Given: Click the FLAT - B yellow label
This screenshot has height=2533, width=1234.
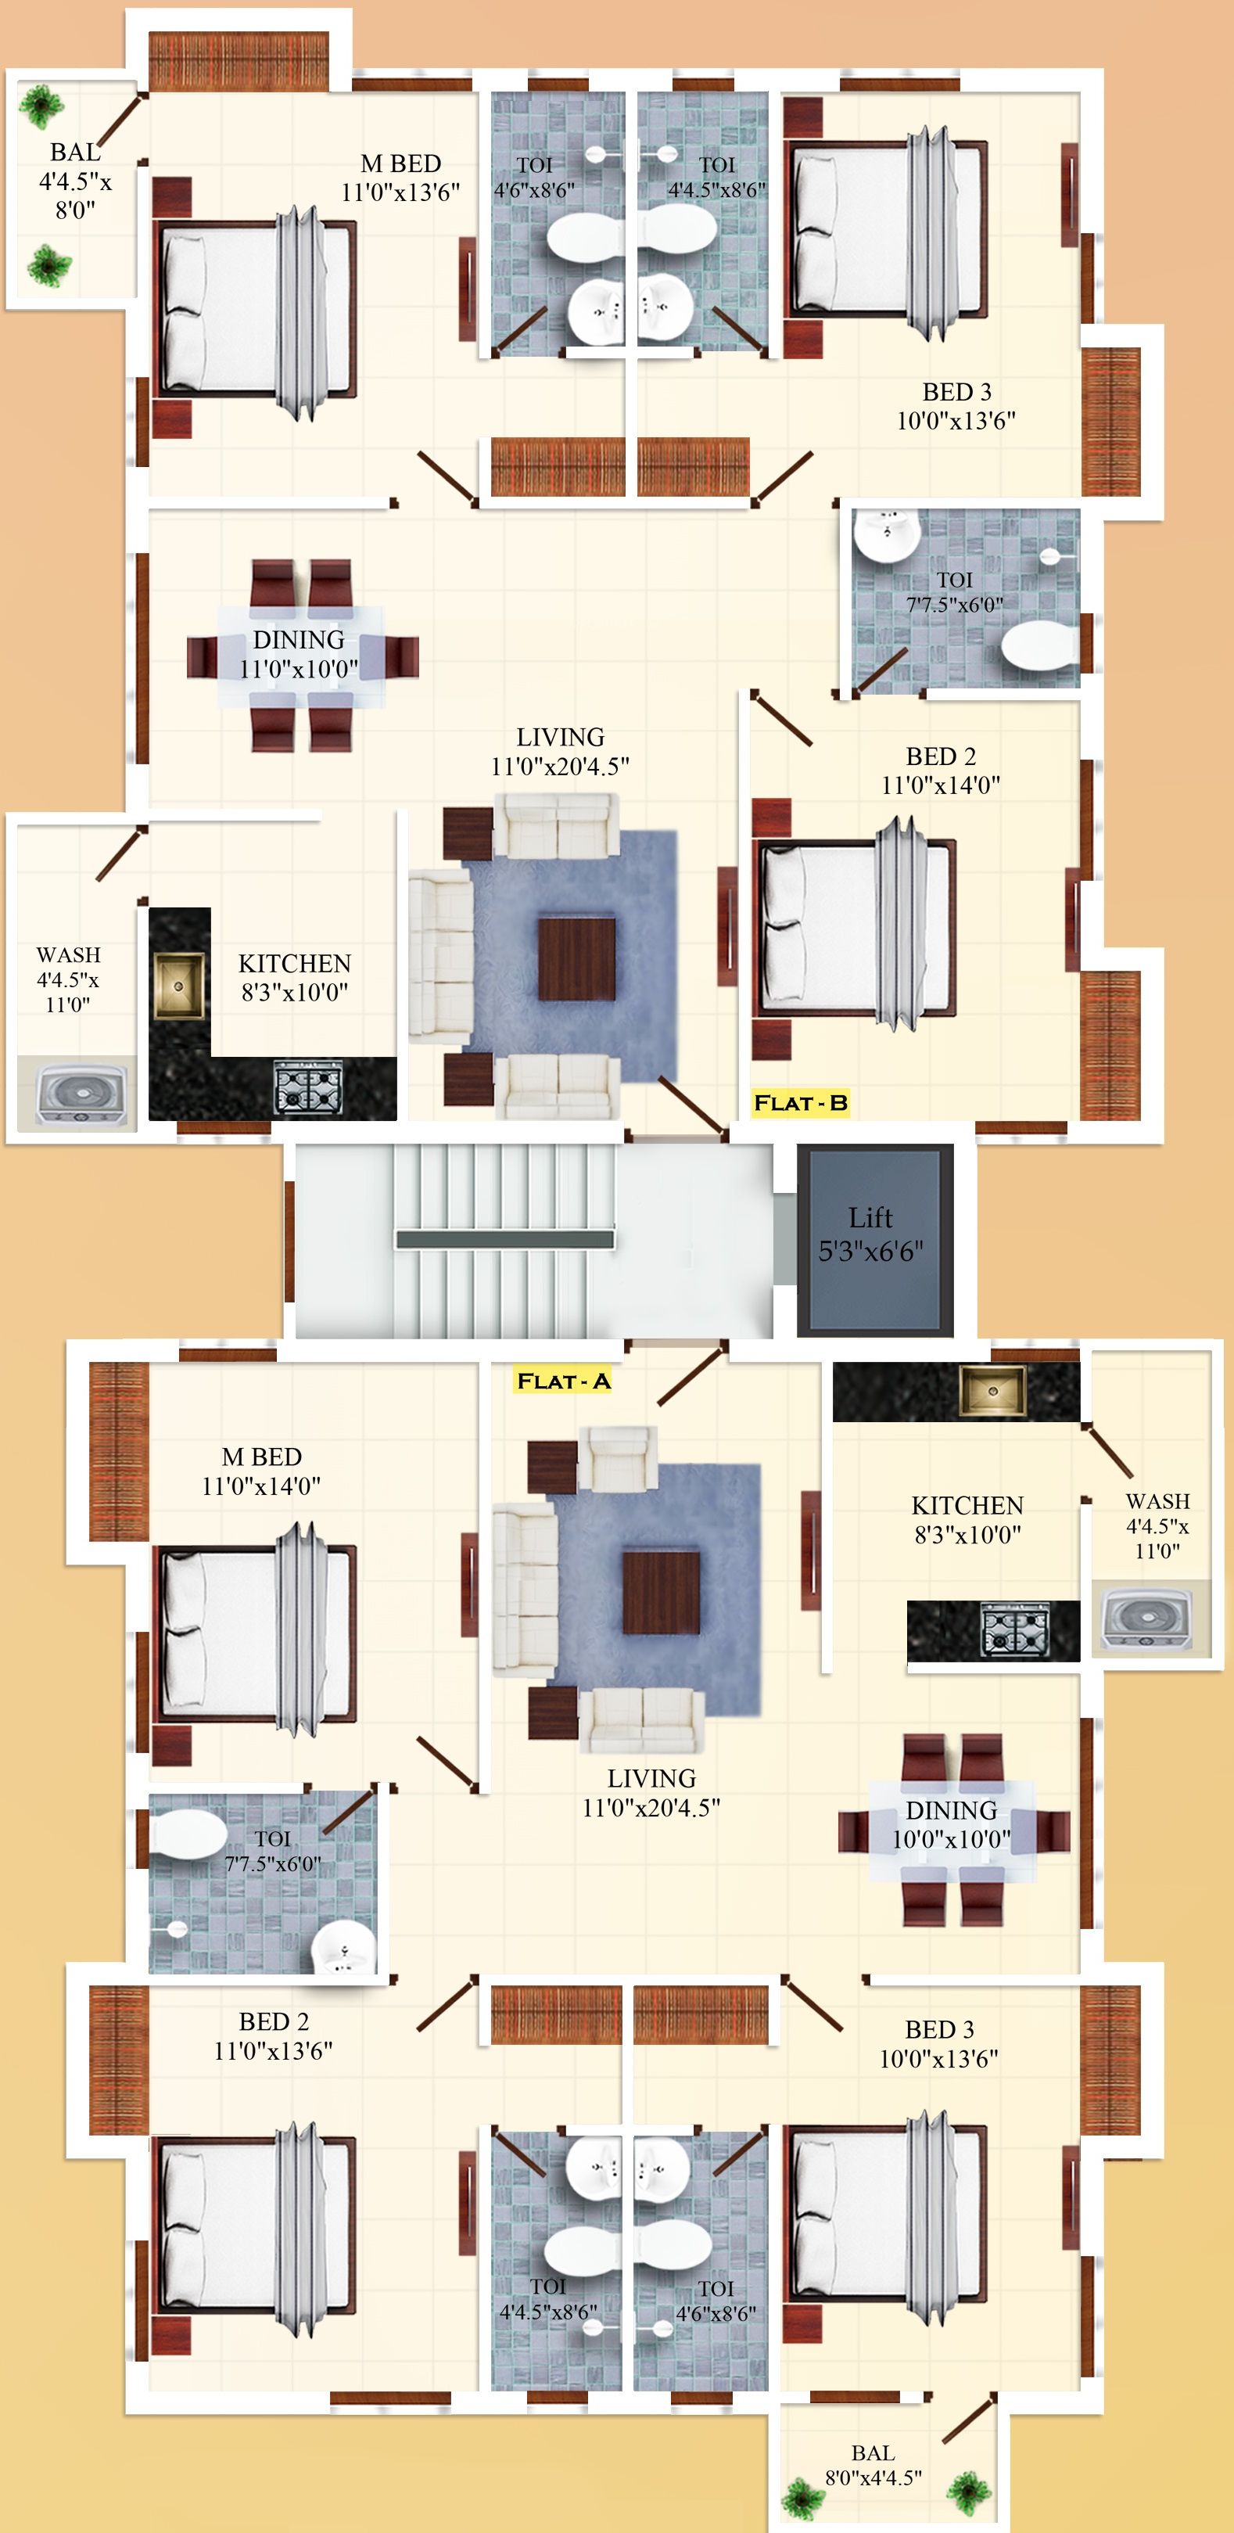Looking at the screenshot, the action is click(800, 1102).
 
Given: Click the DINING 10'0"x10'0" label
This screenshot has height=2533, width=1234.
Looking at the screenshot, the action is click(952, 1824).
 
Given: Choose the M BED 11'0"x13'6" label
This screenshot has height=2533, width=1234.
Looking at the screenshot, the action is click(400, 178).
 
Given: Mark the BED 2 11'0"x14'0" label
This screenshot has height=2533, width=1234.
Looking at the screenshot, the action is click(941, 770).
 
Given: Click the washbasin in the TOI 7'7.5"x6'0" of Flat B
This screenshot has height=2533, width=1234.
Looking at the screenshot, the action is click(887, 535).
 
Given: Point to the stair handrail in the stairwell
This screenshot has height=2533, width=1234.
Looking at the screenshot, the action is click(505, 1239).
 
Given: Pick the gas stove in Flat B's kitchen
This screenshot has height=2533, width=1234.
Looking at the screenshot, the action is click(309, 1087).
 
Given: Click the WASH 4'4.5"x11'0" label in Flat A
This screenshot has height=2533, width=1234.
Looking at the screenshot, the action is click(1157, 1526).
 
